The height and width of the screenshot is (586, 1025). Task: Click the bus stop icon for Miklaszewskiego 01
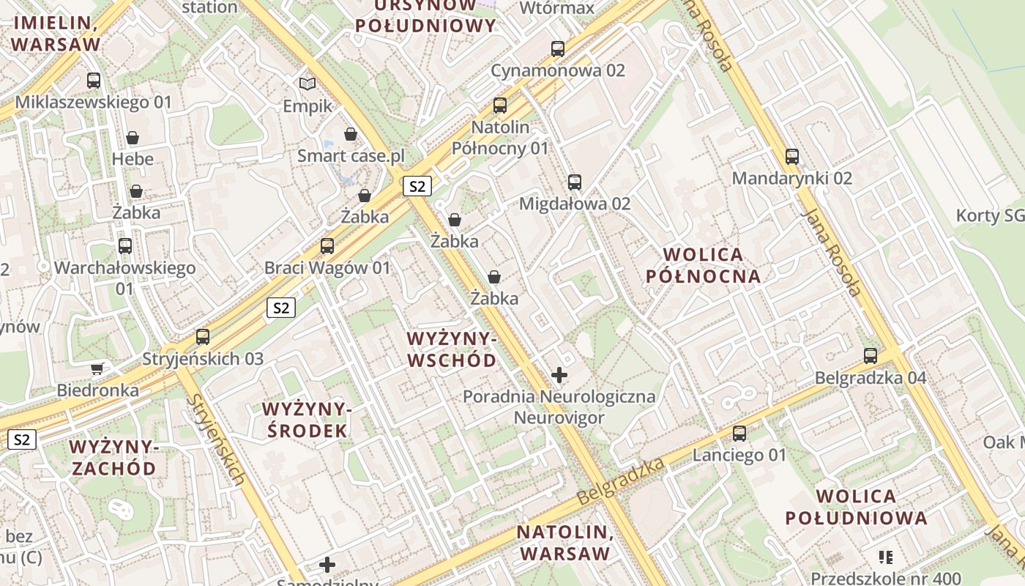point(94,81)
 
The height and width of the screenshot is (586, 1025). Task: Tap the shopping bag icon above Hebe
point(133,137)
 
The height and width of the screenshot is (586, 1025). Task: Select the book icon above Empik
point(307,84)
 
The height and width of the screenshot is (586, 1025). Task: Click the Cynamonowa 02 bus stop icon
point(558,49)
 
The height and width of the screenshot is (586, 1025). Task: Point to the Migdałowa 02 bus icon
point(575,182)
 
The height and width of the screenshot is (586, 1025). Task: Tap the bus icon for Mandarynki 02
point(792,156)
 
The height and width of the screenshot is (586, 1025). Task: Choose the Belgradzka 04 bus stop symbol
point(871,356)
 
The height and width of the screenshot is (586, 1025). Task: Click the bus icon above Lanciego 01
point(739,434)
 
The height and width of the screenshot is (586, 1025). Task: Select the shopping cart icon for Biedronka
point(97,368)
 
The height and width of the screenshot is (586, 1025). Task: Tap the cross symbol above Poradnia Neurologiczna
point(559,376)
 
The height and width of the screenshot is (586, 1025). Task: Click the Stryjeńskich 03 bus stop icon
point(203,337)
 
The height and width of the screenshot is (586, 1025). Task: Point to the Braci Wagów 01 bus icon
point(327,246)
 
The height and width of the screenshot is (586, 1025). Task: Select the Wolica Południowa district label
point(856,507)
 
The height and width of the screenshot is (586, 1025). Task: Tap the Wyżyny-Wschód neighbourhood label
point(452,349)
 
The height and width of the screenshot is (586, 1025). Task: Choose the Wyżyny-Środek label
point(307,420)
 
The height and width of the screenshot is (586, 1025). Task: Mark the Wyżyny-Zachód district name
point(113,457)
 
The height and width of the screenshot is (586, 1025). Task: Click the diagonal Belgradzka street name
point(620,481)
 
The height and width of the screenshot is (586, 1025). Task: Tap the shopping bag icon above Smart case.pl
point(351,134)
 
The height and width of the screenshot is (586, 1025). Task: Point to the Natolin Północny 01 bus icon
point(500,105)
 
